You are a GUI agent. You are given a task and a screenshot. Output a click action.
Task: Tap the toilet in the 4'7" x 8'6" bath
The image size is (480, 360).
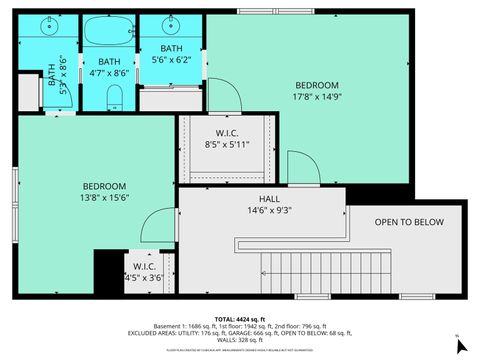coord(114,96)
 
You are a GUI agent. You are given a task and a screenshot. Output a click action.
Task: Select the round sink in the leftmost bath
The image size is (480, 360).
coord(50,28)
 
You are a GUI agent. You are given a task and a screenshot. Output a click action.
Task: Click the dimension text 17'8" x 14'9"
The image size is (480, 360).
coord(316,97)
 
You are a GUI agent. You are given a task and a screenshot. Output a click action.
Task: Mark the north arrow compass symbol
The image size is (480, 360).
coord(460,345)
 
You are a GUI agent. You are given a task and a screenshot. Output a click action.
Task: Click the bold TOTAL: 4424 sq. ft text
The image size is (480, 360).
coord(239,317)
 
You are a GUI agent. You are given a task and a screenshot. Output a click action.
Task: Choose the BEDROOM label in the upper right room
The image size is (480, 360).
coord(316,85)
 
